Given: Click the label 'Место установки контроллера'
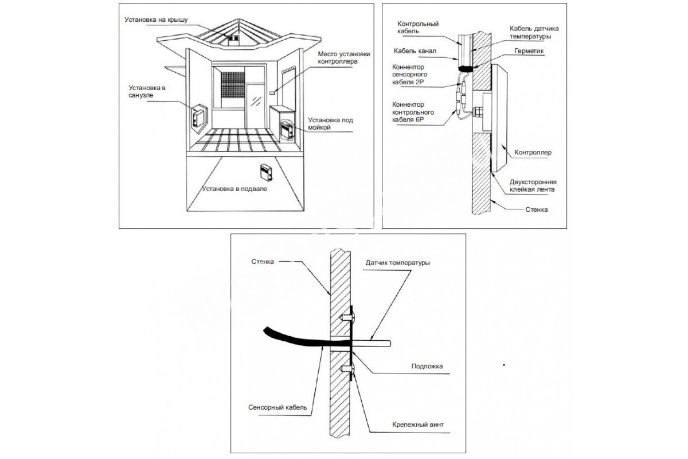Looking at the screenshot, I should [342, 57].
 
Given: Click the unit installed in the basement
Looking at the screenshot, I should [265, 171].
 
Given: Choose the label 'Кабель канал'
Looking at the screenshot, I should [416, 51].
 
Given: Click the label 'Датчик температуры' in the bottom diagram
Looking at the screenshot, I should [397, 263].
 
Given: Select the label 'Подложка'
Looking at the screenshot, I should [427, 365].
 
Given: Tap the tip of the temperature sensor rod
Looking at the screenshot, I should [389, 343].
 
